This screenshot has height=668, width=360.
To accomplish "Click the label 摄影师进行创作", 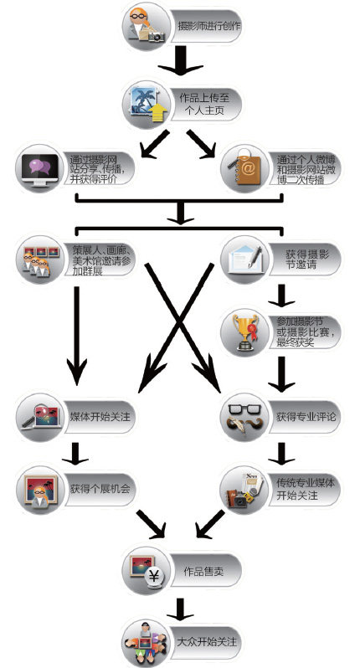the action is (209, 26).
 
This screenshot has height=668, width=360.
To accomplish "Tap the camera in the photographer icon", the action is (156, 37).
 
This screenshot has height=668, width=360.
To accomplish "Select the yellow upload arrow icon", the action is (157, 112).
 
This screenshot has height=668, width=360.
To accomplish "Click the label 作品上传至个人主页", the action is (206, 104).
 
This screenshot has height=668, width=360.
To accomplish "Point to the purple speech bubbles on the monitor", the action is (39, 164).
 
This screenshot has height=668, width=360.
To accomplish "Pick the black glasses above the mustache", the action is (244, 409).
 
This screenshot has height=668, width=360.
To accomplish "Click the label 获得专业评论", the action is (306, 416).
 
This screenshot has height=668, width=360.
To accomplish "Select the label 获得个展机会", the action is (100, 488).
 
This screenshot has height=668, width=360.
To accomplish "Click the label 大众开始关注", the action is (207, 641).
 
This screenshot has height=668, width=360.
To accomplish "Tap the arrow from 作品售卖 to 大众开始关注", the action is (180, 609).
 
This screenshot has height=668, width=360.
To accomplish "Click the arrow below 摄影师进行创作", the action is (180, 60).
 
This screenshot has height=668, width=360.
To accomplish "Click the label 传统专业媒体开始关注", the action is (306, 489).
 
